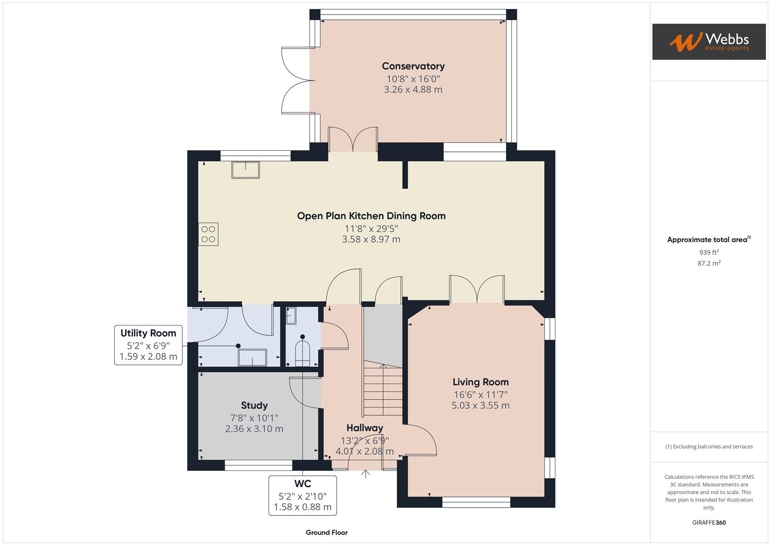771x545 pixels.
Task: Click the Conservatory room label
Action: (x=413, y=66)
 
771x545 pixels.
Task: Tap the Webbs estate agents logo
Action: (x=709, y=41)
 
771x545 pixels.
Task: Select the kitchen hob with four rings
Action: (x=208, y=234)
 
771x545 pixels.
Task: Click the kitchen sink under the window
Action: (x=245, y=170)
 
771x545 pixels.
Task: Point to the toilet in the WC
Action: (x=302, y=351)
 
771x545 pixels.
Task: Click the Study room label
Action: (x=254, y=405)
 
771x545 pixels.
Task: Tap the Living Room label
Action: (x=481, y=382)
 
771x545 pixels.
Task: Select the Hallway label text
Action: (x=365, y=428)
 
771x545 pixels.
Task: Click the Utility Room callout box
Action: (x=148, y=345)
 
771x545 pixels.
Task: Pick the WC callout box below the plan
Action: (x=302, y=496)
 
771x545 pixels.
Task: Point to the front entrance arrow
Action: (x=365, y=474)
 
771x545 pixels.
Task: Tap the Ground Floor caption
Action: (x=327, y=532)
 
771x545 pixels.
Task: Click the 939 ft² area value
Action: (x=709, y=252)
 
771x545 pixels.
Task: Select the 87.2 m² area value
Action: (x=709, y=263)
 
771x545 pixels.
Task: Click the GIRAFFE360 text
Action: (x=709, y=523)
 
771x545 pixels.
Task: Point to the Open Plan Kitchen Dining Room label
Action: (x=371, y=216)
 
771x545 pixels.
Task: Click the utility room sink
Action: (x=252, y=357)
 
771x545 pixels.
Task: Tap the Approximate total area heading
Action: (x=709, y=240)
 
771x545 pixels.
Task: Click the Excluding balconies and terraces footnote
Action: (x=709, y=447)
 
